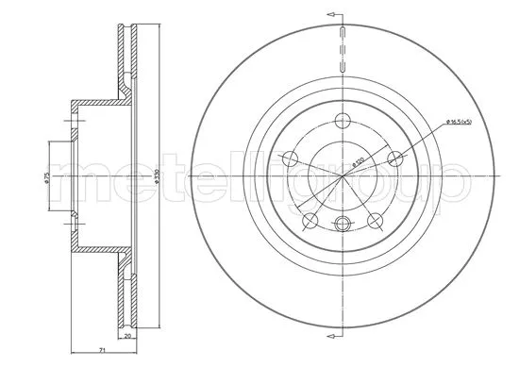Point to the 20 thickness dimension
coord(128,335)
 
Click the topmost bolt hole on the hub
coord(342,120)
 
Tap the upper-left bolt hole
coord(291,158)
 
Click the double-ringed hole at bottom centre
coord(342,224)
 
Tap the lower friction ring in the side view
coord(128,292)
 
